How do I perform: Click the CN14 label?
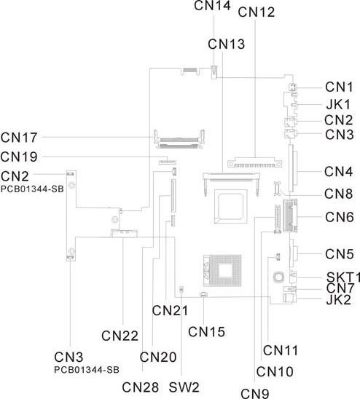[x=213, y=6]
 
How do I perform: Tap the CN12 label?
[x=257, y=12]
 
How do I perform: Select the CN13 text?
[x=226, y=44]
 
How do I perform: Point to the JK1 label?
[x=338, y=104]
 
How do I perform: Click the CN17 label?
[x=19, y=138]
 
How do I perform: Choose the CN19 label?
[x=19, y=157]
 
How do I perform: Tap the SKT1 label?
[x=343, y=277]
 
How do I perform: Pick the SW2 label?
[x=184, y=387]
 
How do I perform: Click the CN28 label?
[x=141, y=387]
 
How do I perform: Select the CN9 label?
[x=255, y=393]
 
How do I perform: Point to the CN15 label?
[x=207, y=332]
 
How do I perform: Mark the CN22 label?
[x=120, y=336]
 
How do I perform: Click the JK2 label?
[x=339, y=300]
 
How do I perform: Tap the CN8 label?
[x=339, y=194]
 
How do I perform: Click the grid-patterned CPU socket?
[x=222, y=270]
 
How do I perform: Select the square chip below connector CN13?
[x=230, y=206]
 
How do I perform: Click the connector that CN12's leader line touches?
[x=255, y=163]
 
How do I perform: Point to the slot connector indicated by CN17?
[x=179, y=139]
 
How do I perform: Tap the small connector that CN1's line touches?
[x=292, y=87]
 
